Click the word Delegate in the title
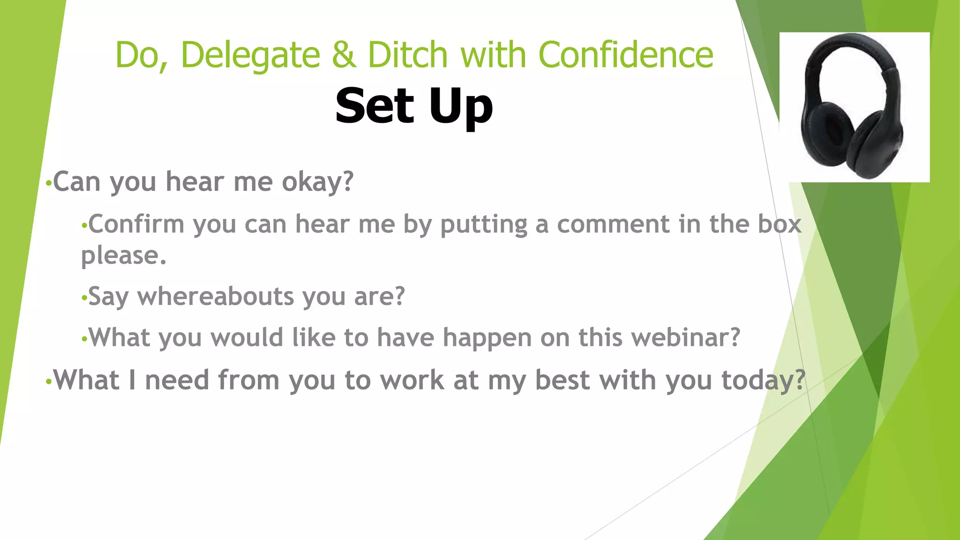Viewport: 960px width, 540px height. pos(250,55)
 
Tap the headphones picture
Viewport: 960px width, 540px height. pos(854,107)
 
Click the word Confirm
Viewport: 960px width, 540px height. pos(136,224)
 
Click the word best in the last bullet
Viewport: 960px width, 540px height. pos(562,380)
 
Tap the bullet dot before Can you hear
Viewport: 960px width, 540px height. pos(48,183)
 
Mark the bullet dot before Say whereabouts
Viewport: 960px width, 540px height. pos(84,298)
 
